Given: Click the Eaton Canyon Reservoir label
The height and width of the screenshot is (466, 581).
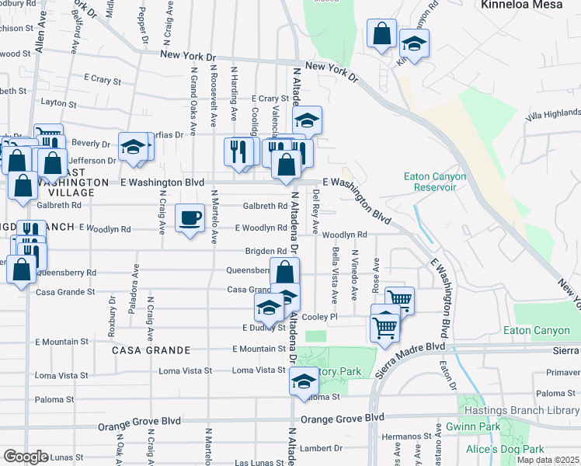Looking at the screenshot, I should [x=435, y=182].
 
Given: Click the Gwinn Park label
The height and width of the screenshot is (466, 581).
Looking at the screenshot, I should [x=473, y=426].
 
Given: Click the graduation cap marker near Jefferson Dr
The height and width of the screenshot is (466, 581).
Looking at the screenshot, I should [x=133, y=146].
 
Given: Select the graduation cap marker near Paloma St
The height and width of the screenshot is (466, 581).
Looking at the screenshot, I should [x=304, y=381].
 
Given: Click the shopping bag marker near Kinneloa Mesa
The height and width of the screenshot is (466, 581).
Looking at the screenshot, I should [x=381, y=34].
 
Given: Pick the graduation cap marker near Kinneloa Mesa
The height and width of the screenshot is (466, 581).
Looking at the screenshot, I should [x=415, y=43].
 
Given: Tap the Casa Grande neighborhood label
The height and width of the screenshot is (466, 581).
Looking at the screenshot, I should [x=141, y=350].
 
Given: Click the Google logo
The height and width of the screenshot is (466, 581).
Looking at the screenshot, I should [x=25, y=456].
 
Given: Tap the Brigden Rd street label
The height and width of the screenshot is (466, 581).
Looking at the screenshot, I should [x=266, y=251].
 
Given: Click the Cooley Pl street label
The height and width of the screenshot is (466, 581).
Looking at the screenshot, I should [x=320, y=317].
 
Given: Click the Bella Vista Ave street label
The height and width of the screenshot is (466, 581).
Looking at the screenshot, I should [x=335, y=275].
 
